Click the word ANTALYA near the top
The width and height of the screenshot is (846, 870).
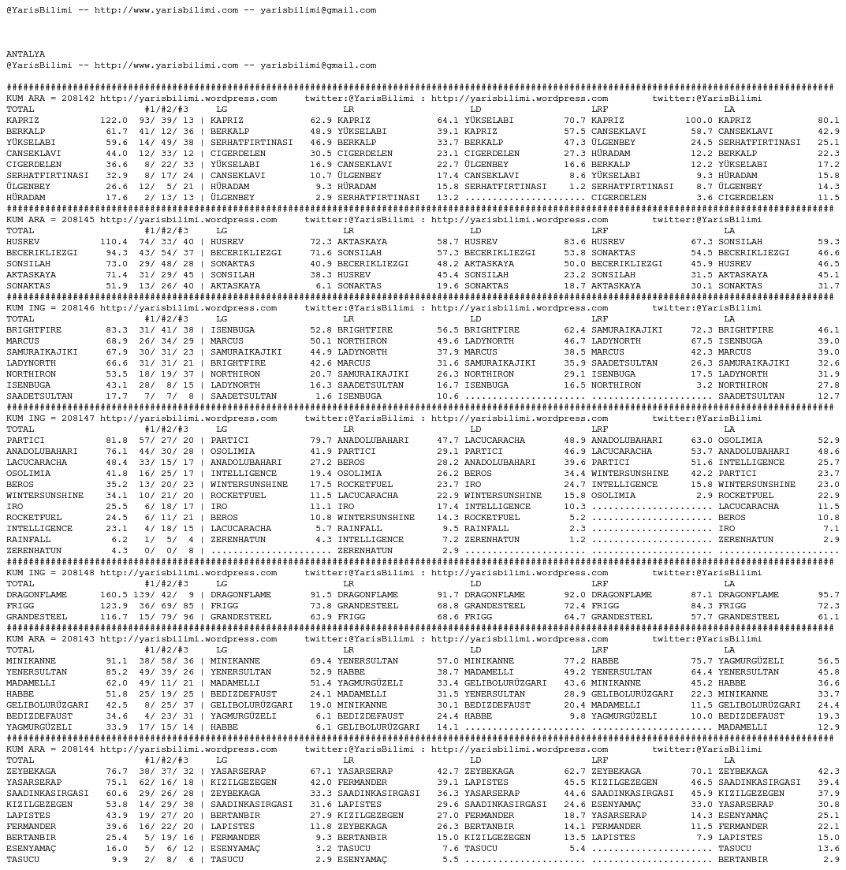26,54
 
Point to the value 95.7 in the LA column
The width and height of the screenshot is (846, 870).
829,595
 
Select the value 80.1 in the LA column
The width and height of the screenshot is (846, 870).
829,121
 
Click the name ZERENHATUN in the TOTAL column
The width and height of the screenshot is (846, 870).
34,551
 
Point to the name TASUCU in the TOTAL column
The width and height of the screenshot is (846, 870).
23,860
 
